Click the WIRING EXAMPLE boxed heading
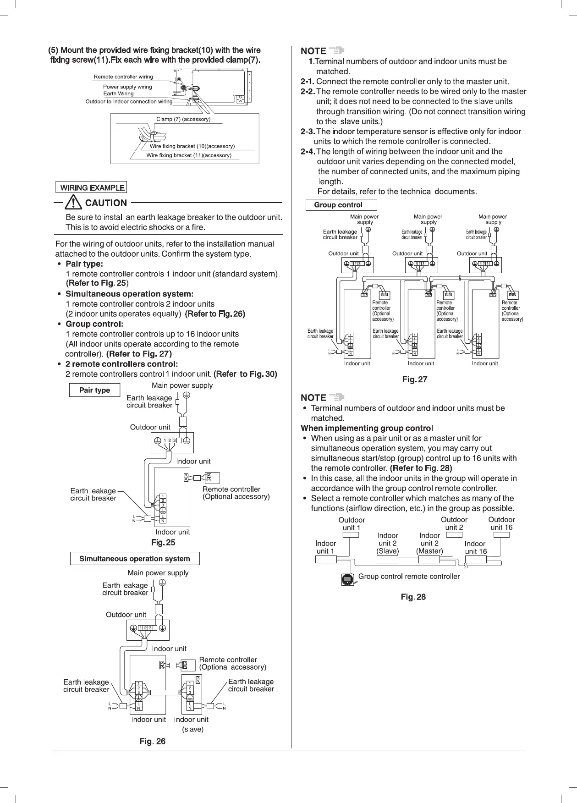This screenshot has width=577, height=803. tap(91, 187)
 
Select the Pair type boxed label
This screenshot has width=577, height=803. tap(94, 390)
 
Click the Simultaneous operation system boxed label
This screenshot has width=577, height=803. tap(135, 559)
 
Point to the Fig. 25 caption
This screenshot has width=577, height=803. tap(163, 543)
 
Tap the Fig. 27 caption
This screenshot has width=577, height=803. tap(414, 379)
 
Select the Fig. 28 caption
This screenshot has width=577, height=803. tap(413, 597)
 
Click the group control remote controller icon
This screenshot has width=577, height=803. tap(348, 579)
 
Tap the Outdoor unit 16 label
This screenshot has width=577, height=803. tap(501, 523)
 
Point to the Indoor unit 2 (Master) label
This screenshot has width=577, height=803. tap(429, 543)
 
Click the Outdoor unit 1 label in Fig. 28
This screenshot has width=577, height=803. tap(352, 524)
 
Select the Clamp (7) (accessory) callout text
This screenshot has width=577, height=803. tap(183, 119)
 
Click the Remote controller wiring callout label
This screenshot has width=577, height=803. tap(123, 77)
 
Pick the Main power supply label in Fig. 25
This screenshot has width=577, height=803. tap(182, 385)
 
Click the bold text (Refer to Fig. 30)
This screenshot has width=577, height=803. tap(245, 374)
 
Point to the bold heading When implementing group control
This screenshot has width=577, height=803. tap(367, 428)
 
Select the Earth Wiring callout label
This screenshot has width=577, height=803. tap(118, 93)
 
